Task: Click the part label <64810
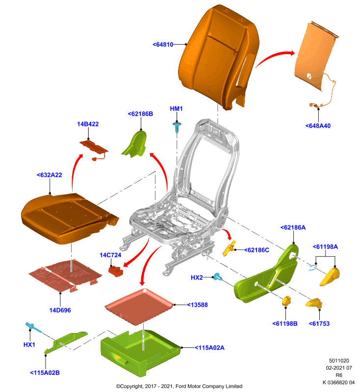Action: pos(163,45)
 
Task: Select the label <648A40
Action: pos(318,126)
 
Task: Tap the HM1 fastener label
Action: pos(176,109)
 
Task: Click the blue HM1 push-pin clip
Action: pos(177,127)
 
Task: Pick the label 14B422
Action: pos(88,124)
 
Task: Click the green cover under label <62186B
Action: pos(134,144)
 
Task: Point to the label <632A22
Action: pos(49,175)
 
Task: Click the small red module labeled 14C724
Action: pos(115,271)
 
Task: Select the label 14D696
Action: pos(60,310)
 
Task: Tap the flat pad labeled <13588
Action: pos(139,307)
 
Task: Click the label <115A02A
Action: pos(209,348)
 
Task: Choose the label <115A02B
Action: pos(45,373)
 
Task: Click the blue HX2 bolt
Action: pos(217,277)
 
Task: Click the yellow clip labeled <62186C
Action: pos(229,248)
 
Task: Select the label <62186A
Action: pos(293,227)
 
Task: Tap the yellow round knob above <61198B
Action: pos(286,301)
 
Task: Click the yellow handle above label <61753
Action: pos(314,303)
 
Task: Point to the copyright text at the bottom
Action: pos(179,386)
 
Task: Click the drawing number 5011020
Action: pos(339,361)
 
